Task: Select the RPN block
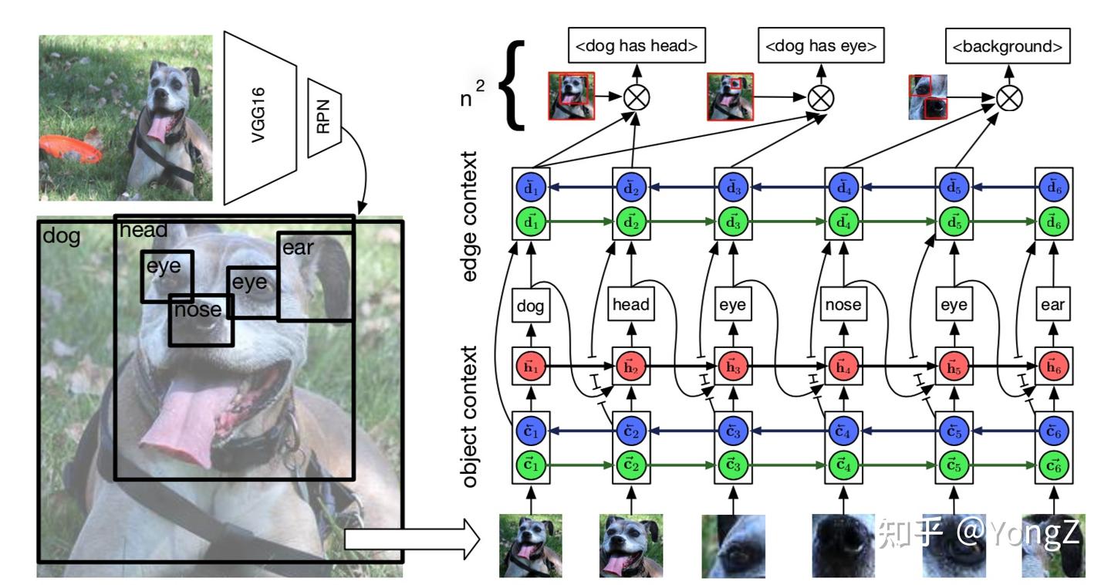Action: point(323,116)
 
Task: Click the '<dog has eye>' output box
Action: point(820,46)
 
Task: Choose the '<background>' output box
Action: point(1008,46)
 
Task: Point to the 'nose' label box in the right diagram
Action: point(843,305)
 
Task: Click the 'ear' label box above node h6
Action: point(1052,305)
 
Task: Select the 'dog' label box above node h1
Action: point(531,305)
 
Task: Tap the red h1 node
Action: point(531,365)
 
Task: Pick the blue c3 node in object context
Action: point(732,431)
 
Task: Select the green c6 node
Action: point(1052,466)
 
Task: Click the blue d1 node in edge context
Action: point(531,188)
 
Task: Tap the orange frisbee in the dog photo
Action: point(70,147)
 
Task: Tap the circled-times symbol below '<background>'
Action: point(1008,98)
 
